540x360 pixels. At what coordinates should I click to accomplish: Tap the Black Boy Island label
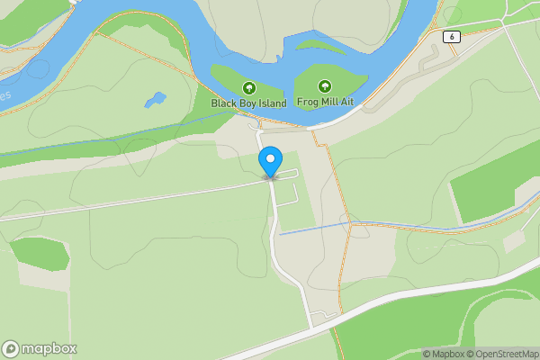[x=248, y=103]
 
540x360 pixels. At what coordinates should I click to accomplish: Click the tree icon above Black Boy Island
[x=248, y=88]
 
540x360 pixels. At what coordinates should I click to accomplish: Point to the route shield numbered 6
[x=451, y=36]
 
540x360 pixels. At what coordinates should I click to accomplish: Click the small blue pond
[x=155, y=99]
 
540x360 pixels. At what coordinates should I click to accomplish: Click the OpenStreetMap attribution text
[x=506, y=354]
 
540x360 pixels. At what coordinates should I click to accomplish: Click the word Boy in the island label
[x=245, y=103]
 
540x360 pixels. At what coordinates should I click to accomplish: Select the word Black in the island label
[x=224, y=103]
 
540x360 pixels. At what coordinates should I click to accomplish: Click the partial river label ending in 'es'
[x=5, y=94]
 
